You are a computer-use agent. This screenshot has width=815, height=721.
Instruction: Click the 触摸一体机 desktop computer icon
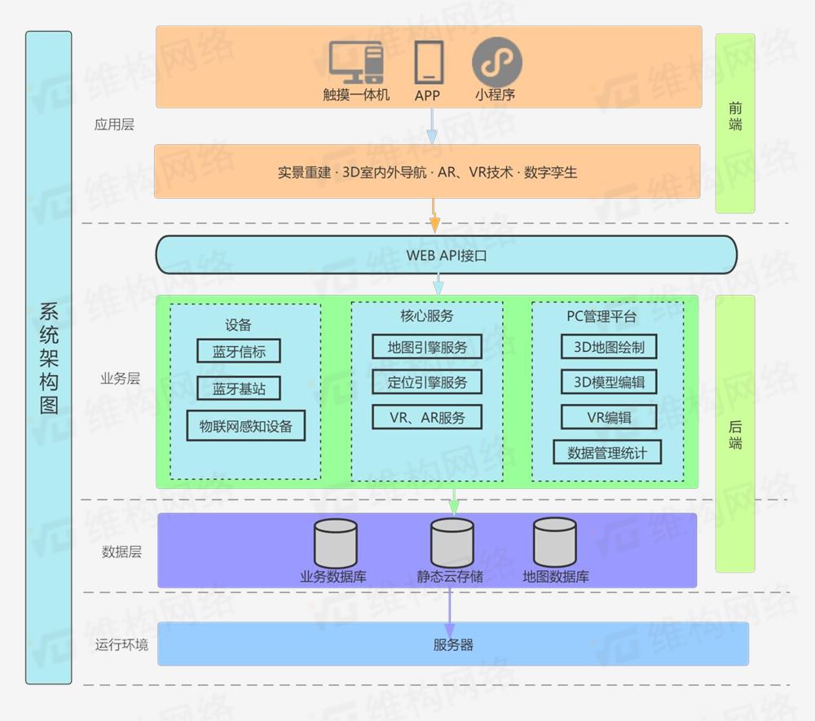356,62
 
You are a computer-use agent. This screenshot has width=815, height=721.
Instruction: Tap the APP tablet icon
429,62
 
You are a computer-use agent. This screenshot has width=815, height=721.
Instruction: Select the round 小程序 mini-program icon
496,62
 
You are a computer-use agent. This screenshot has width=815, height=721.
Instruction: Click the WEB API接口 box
446,255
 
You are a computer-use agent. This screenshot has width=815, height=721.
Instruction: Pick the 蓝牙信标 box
239,351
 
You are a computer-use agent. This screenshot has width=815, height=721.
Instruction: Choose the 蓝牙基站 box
239,389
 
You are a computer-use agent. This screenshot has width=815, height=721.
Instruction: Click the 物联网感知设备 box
245,425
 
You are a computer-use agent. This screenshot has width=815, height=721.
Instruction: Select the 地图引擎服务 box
427,346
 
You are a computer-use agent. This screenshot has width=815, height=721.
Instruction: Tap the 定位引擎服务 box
427,381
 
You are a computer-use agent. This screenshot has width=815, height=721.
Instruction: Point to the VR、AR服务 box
427,417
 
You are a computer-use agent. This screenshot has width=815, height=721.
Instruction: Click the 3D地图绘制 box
609,346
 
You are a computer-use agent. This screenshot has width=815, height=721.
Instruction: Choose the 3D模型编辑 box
609,381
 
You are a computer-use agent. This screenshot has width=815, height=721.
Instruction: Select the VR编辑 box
609,417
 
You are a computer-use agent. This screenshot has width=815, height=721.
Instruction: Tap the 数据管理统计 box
607,452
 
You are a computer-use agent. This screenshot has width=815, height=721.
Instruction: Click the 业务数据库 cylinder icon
336,543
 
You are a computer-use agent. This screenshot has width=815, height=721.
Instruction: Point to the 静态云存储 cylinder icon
452,543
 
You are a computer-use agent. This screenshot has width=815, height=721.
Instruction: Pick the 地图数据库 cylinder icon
555,543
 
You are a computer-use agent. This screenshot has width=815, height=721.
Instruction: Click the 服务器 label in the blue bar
453,644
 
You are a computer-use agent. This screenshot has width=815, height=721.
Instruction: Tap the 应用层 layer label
114,125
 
